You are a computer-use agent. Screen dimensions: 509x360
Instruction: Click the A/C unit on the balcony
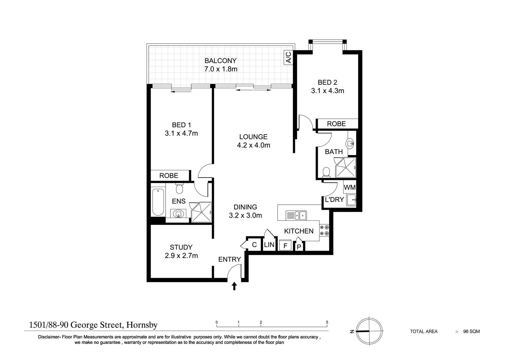288,58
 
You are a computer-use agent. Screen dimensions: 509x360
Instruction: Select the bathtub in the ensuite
158,202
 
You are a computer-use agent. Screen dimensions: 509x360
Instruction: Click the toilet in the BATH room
326,172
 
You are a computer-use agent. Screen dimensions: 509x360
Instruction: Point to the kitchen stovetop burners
324,230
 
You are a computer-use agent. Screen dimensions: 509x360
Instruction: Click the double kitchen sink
296,215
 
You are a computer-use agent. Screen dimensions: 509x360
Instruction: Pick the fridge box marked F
285,245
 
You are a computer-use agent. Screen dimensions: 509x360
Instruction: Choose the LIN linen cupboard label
269,245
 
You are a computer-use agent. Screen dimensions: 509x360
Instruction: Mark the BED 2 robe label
336,124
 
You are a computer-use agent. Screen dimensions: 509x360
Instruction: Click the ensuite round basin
178,214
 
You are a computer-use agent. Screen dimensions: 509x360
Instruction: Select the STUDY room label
181,247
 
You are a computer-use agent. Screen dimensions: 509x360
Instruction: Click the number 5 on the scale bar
327,322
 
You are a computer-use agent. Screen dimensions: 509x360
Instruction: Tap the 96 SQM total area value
471,331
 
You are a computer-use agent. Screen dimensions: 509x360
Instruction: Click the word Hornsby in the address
142,325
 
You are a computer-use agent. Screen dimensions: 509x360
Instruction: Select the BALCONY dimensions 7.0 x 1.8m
221,69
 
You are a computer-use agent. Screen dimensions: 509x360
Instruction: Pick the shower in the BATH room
346,167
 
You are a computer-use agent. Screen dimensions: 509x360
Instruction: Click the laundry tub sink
351,200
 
